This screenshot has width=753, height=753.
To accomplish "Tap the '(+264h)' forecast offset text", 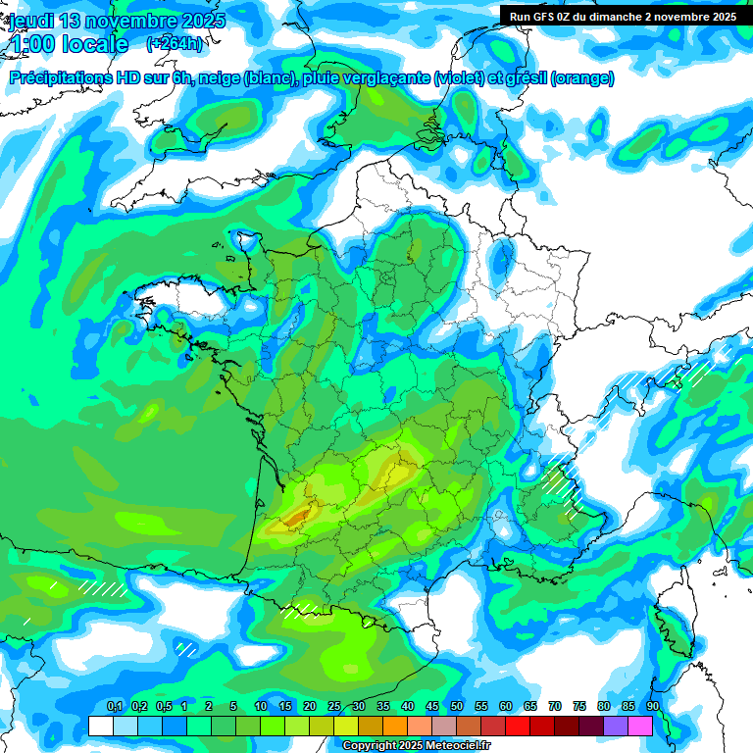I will [174, 44].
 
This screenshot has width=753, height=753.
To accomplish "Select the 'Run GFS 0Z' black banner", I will [626, 16].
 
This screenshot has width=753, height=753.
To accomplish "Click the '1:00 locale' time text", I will [68, 44].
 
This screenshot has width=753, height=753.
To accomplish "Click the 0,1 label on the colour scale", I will [114, 706].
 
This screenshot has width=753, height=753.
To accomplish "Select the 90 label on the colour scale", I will [653, 706].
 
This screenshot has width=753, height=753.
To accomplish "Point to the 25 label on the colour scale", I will [334, 706].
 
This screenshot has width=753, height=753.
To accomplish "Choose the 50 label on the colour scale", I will [457, 706].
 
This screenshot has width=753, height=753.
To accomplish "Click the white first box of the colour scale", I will [100, 726].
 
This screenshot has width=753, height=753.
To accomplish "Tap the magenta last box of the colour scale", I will [640, 726].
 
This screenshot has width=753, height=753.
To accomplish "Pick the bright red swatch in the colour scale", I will [518, 726].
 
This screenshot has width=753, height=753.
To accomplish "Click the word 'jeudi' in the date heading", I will [31, 21].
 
